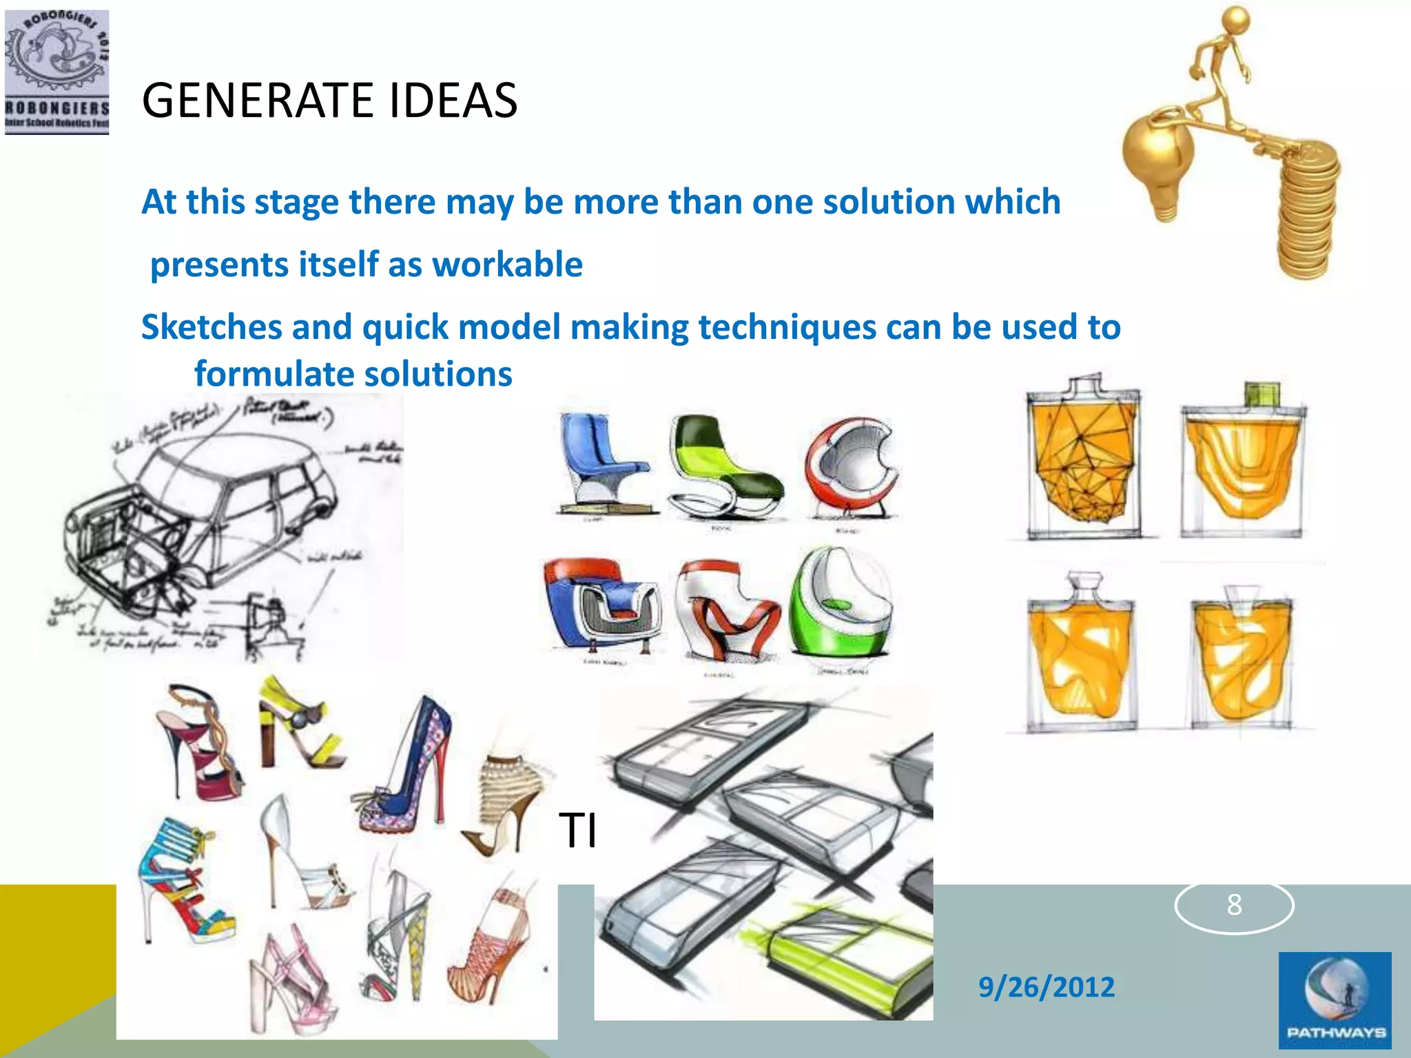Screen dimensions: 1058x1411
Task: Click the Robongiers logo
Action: (56, 72)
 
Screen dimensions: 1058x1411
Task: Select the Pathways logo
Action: (1335, 999)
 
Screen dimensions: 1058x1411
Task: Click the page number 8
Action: (1234, 904)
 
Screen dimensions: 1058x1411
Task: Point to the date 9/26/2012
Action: (1046, 986)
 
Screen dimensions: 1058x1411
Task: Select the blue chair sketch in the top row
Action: (598, 461)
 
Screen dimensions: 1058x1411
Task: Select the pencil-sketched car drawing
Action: (220, 527)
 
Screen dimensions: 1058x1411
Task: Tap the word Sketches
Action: (212, 326)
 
